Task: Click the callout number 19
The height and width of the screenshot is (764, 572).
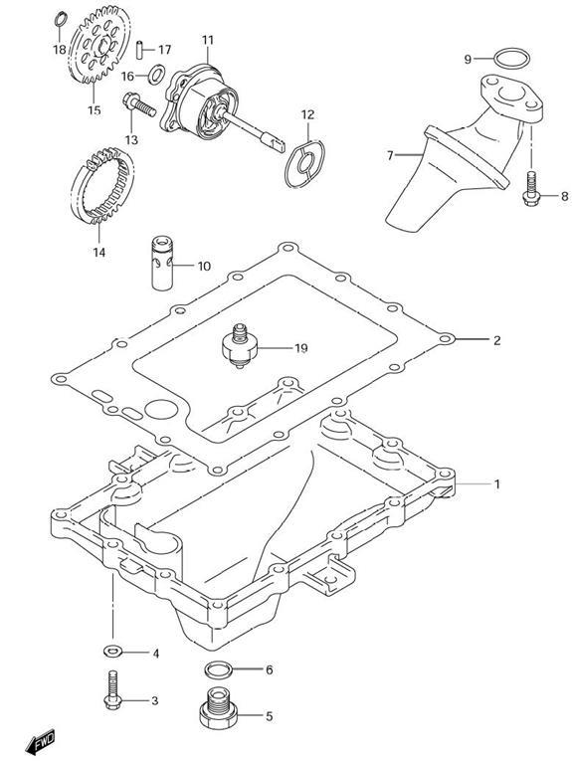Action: coord(301,348)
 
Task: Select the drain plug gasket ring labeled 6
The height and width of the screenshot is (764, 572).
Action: coord(218,669)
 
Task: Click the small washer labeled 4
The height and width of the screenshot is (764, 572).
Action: coord(112,650)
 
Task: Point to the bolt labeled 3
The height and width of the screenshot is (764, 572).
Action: coord(112,690)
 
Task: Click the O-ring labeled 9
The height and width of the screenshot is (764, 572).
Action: coord(511,59)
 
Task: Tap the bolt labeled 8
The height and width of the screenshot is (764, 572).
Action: coord(531,188)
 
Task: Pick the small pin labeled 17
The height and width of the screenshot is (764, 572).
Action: coord(140,50)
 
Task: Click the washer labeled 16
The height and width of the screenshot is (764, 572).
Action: coord(156,74)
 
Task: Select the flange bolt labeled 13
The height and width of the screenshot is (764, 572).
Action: coord(138,104)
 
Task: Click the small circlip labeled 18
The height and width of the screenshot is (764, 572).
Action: coord(60,20)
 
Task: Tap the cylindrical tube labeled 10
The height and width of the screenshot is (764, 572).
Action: coord(162,263)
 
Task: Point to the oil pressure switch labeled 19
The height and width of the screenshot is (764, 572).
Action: coord(238,345)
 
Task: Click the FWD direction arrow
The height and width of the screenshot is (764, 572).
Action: coord(41,741)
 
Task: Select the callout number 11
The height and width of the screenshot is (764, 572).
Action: coord(208,40)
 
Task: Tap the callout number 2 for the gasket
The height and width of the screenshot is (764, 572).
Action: coord(496,339)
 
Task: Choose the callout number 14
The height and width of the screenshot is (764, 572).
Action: coord(98,252)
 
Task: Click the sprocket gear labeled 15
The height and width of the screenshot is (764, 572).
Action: coord(99,45)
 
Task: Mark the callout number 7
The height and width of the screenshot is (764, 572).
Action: coord(390,155)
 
